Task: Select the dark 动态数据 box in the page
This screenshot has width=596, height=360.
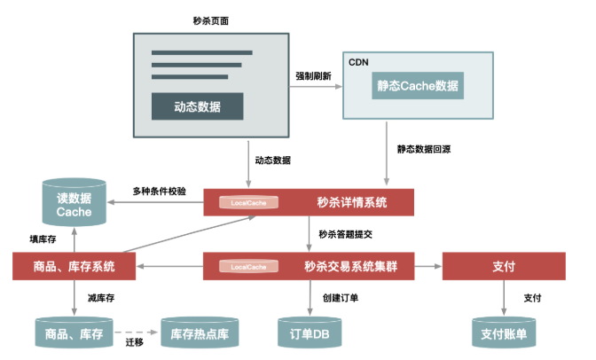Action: pyautogui.click(x=197, y=106)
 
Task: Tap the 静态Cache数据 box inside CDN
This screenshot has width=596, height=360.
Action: pyautogui.click(x=418, y=86)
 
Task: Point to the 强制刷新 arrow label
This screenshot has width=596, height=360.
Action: pyautogui.click(x=313, y=77)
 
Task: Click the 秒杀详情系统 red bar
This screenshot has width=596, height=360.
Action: pyautogui.click(x=310, y=202)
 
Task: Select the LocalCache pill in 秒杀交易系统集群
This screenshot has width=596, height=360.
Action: pyautogui.click(x=249, y=266)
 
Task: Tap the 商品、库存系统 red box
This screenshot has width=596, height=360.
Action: pyautogui.click(x=74, y=266)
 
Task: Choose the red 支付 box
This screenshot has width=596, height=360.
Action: pyautogui.click(x=504, y=266)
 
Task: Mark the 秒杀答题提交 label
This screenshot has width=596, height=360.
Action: pyautogui.click(x=347, y=234)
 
